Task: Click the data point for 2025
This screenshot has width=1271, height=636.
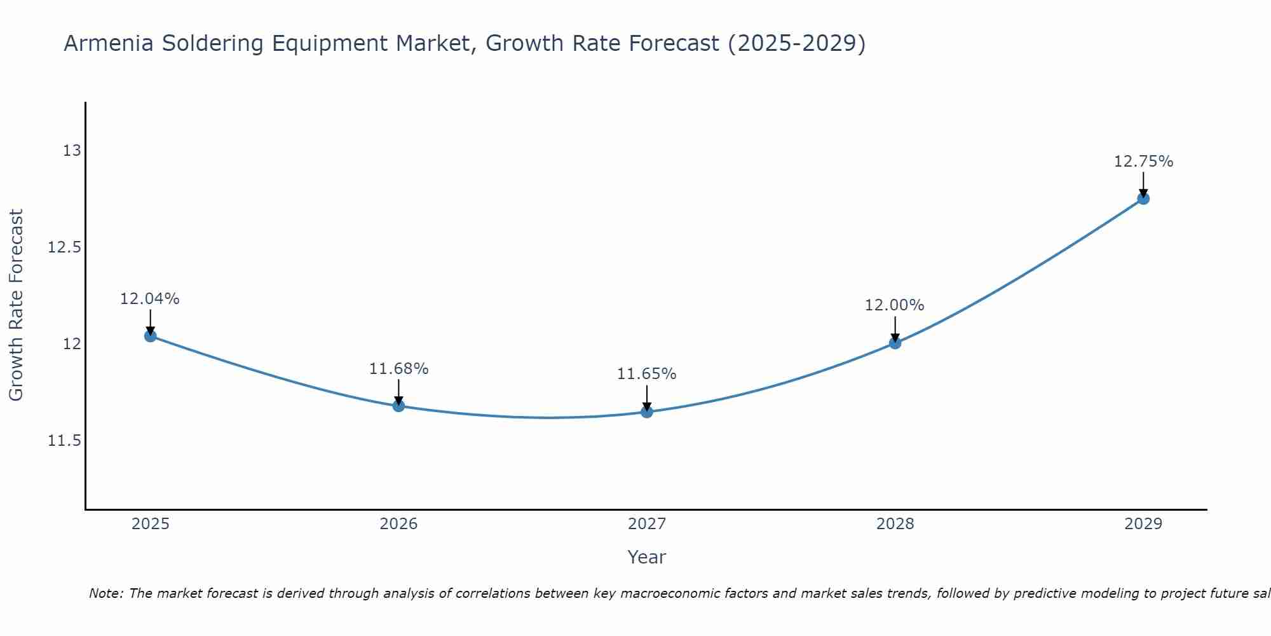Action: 151,336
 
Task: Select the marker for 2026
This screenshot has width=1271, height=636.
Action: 398,406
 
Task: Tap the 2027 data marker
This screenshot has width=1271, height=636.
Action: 647,411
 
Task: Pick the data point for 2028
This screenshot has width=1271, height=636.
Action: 895,343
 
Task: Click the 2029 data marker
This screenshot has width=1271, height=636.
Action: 1143,198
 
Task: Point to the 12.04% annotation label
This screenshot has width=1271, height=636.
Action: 150,298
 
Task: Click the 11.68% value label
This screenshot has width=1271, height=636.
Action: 398,368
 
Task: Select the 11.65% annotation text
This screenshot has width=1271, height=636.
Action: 646,374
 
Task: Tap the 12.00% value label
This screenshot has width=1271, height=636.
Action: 894,305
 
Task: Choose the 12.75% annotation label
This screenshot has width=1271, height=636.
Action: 1143,162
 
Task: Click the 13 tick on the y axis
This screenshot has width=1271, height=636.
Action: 72,151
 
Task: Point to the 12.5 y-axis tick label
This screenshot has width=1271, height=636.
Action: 64,247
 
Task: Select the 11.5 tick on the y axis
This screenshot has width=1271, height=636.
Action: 64,441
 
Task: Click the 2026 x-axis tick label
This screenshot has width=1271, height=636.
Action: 398,524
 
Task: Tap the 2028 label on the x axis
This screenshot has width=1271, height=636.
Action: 895,524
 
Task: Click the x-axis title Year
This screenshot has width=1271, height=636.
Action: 646,557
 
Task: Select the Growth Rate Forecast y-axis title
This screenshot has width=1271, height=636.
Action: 16,305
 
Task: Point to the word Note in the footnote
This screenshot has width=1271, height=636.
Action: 105,593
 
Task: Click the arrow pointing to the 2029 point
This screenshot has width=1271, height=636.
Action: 1143,184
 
